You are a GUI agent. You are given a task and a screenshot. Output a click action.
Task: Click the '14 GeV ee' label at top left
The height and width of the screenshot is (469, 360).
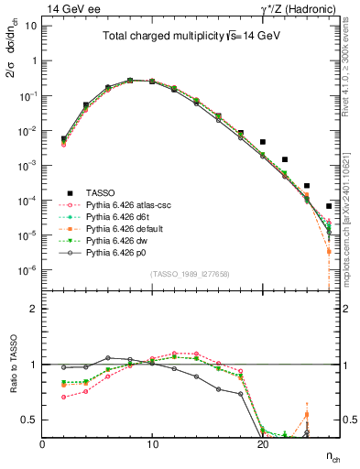[x=68, y=8]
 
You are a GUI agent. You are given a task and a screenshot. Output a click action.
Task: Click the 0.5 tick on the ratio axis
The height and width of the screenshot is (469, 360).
[x=30, y=420]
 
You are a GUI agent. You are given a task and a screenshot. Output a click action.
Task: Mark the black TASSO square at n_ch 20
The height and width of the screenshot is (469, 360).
[x=263, y=142]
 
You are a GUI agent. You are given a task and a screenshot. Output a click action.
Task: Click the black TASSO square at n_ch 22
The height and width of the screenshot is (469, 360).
[x=285, y=159]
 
